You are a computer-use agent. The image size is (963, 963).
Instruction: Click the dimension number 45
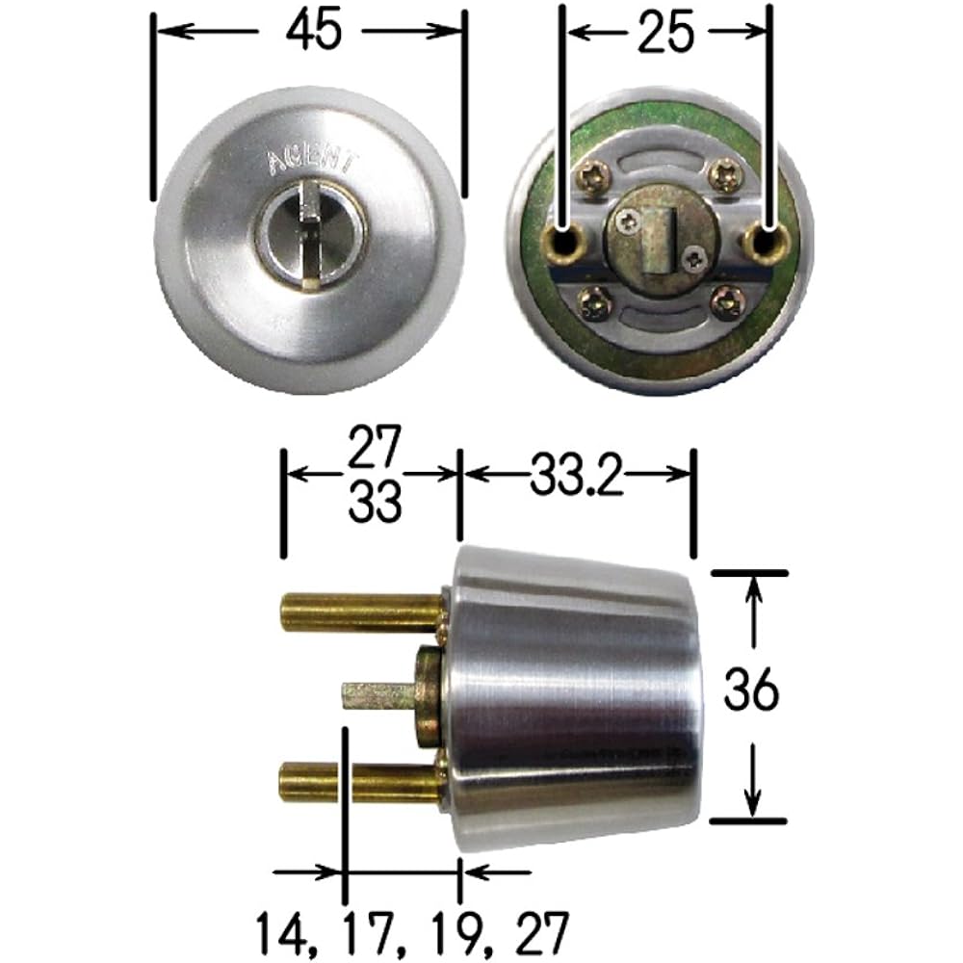pyautogui.click(x=313, y=32)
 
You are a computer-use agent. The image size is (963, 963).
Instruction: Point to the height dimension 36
pyautogui.click(x=752, y=690)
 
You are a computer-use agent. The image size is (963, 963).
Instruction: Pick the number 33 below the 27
pyautogui.click(x=374, y=504)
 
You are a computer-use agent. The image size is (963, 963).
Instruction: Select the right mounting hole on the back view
pyautogui.click(x=768, y=241)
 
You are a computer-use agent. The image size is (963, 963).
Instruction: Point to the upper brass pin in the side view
pyautogui.click(x=361, y=612)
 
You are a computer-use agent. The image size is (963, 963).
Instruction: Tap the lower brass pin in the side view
pyautogui.click(x=361, y=782)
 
